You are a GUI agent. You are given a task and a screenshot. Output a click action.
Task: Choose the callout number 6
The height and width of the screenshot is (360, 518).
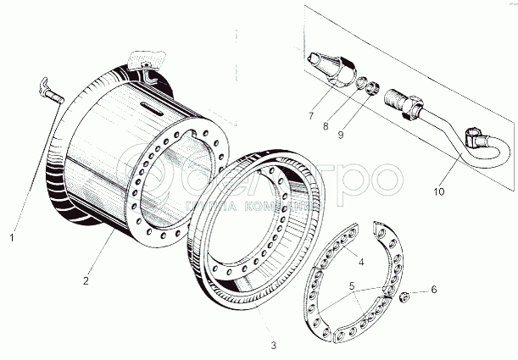pos(434,290)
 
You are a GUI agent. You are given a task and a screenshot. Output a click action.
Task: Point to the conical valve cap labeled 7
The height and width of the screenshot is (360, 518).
pos(331,67)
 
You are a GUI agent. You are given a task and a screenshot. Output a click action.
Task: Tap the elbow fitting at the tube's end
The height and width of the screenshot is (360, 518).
pos(480,139)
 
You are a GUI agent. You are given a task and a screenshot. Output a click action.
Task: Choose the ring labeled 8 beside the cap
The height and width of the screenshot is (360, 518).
pos(360,83)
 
